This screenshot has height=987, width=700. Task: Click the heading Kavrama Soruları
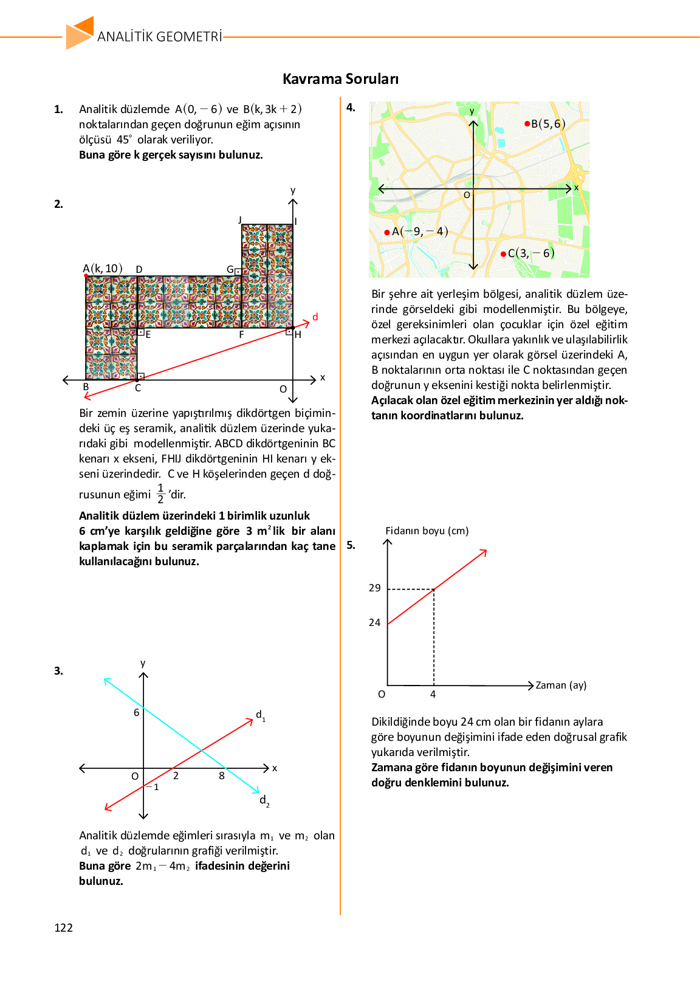[340, 79]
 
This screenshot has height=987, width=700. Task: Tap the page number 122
[63, 927]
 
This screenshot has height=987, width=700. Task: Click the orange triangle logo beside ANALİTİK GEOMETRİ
[80, 33]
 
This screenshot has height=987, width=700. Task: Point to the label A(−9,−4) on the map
[419, 232]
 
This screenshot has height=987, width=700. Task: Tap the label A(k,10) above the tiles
[103, 269]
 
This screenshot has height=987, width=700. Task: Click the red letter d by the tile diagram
[315, 317]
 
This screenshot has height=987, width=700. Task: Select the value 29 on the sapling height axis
[374, 588]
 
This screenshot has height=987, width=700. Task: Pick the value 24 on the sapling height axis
[374, 622]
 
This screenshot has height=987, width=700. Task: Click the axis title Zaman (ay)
[561, 685]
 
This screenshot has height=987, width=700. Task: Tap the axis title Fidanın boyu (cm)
[427, 531]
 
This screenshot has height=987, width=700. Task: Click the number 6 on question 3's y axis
[137, 712]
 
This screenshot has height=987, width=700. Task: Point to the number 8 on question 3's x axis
[222, 775]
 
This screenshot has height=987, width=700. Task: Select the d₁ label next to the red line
[260, 715]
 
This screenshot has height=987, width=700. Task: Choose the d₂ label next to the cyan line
[264, 800]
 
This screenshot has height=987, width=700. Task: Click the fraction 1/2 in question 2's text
[160, 493]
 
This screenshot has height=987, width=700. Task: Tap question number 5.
[351, 545]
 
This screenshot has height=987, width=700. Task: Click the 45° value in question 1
[124, 139]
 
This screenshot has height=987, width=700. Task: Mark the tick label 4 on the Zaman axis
[433, 694]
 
